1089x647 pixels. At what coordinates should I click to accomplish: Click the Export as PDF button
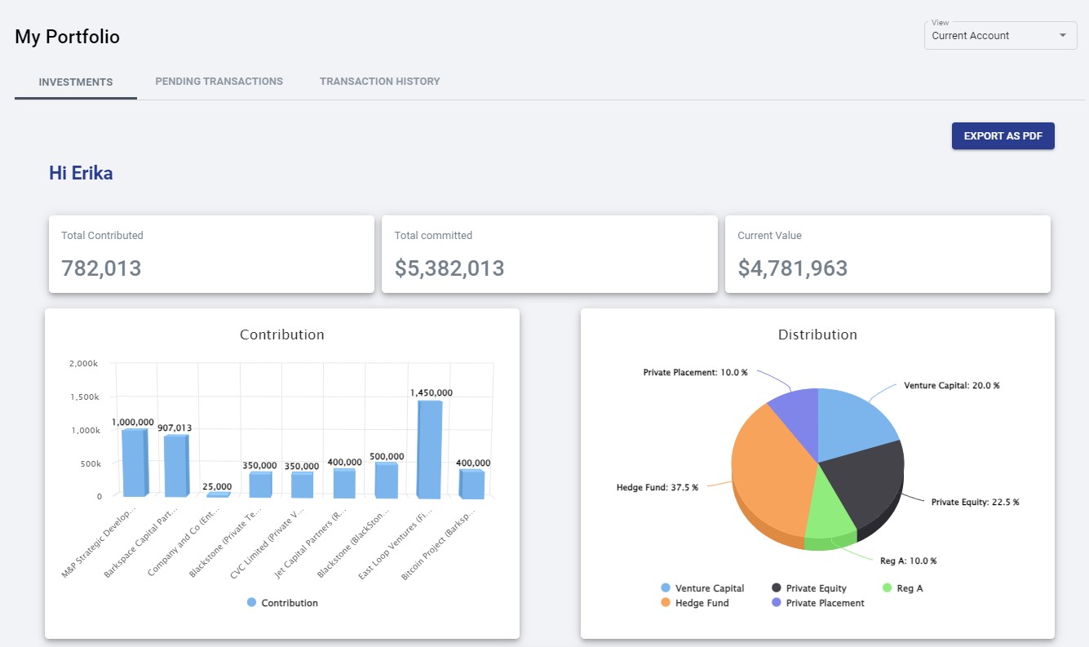tap(1003, 136)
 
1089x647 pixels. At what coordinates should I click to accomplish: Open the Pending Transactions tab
tap(219, 82)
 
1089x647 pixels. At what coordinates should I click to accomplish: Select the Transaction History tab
tap(379, 82)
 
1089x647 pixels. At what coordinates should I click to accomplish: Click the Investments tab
tap(76, 82)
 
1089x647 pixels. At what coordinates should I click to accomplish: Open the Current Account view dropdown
tap(1000, 36)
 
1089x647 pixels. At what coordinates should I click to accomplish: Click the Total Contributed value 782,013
tap(101, 268)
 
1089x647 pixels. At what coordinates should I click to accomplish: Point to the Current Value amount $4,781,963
tap(792, 268)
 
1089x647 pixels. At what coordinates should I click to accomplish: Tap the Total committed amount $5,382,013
tap(449, 268)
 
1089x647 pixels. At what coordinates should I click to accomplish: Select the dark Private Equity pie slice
tap(865, 481)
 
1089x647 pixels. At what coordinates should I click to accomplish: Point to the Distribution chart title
tap(817, 335)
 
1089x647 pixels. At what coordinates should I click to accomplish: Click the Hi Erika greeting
tap(81, 173)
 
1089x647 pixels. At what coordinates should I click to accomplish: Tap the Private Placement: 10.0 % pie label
tap(695, 372)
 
